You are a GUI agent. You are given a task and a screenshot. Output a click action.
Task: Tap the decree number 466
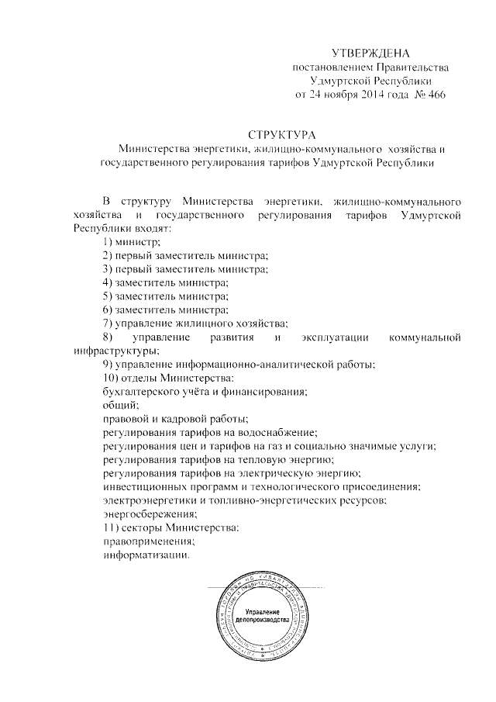435,95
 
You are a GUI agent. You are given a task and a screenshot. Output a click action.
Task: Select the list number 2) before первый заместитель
108,256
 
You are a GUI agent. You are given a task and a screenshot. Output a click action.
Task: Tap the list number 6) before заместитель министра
108,310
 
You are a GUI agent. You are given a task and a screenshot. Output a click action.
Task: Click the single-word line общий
120,404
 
